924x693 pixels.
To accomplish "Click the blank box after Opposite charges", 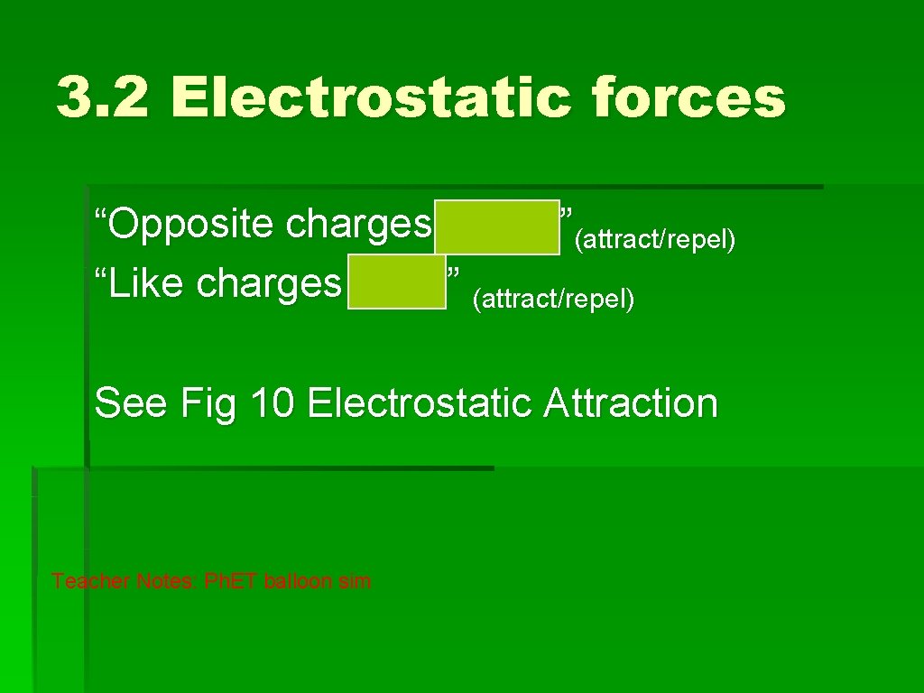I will coord(497,227).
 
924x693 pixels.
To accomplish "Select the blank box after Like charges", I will coord(397,282).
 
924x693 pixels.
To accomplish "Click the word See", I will coord(130,402).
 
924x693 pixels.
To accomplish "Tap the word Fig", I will coord(208,402).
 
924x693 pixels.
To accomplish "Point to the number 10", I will coord(272,402).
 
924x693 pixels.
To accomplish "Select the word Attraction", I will coord(631,402).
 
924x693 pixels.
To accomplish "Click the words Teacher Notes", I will coord(125,581).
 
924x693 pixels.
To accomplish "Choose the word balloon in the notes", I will coord(299,581).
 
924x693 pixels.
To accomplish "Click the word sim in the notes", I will coord(355,581).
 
